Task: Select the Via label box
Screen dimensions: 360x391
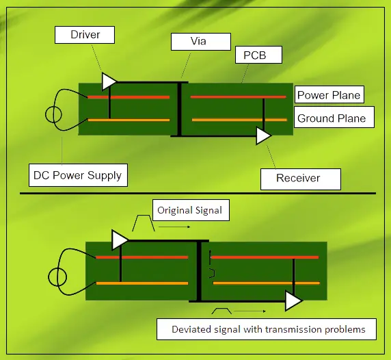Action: [x=198, y=41]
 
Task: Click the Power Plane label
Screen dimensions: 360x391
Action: [x=328, y=95]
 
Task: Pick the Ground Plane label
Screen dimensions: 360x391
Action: [x=332, y=118]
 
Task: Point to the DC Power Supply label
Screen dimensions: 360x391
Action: [x=77, y=175]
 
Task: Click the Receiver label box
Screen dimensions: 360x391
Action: [x=298, y=178]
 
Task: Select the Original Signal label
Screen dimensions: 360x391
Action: [x=189, y=210]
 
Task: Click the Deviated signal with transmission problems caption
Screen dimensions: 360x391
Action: [x=268, y=329]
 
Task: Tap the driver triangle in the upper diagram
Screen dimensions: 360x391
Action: [x=108, y=81]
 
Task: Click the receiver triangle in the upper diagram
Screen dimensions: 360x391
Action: [x=262, y=136]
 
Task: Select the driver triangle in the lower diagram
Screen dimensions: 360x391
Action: [x=119, y=240]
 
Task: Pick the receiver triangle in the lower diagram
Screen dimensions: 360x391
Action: [x=293, y=300]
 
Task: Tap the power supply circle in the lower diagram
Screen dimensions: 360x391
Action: [x=57, y=277]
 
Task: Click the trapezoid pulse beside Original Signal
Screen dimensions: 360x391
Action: [x=144, y=222]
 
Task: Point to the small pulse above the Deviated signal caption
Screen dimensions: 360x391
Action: [x=224, y=312]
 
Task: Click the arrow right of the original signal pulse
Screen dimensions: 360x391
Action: [x=176, y=225]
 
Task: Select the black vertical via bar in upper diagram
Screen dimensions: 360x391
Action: [x=179, y=109]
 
